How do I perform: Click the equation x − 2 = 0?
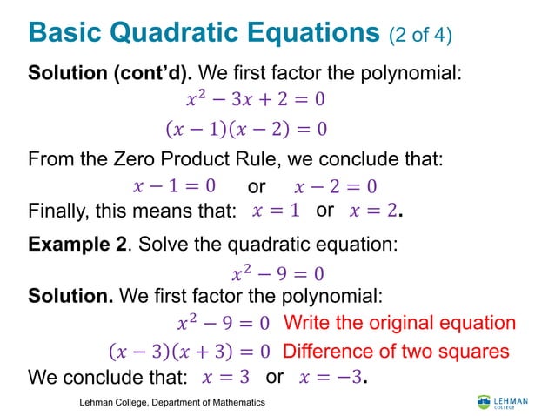(335, 187)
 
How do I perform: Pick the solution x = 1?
(276, 211)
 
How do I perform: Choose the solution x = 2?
(376, 211)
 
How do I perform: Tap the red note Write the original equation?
(399, 323)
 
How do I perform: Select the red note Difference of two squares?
(396, 352)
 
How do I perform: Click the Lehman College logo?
(502, 402)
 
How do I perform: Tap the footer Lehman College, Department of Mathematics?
(172, 403)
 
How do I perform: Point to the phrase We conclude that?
(108, 379)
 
